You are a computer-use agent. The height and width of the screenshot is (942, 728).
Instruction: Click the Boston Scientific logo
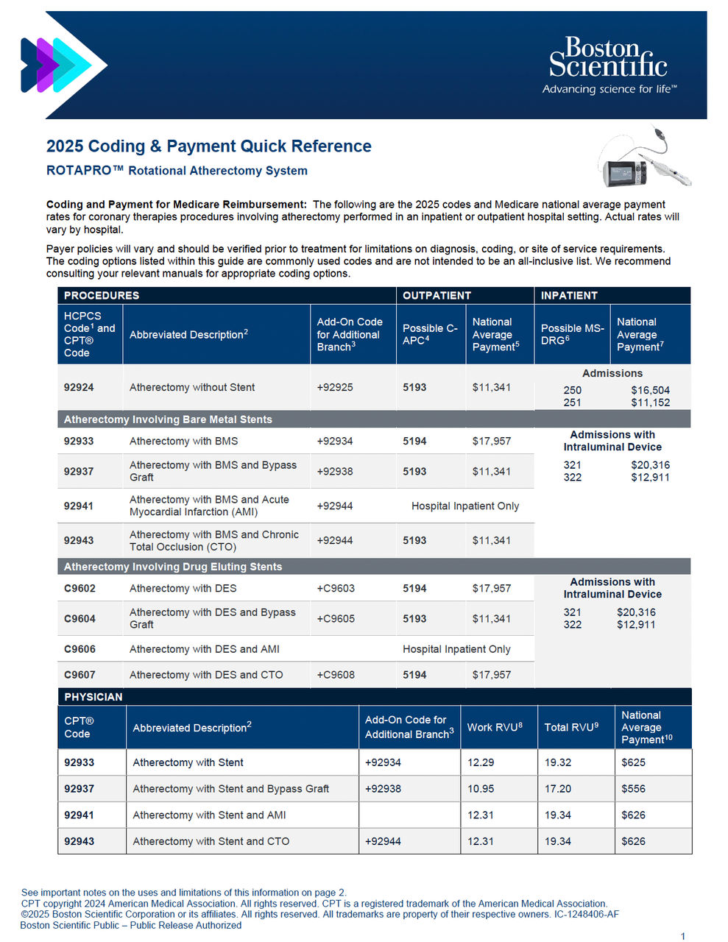[x=609, y=65]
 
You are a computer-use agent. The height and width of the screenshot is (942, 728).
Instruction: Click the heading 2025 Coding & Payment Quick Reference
[x=209, y=146]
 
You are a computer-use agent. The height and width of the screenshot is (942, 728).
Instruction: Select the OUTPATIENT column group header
[x=437, y=296]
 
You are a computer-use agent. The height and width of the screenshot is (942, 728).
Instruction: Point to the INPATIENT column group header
[x=569, y=296]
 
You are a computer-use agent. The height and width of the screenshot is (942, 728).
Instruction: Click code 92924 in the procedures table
[x=79, y=388]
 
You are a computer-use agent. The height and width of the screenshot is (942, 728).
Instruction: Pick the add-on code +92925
[x=335, y=388]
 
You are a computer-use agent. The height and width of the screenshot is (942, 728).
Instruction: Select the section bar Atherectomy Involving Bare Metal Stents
[x=168, y=419]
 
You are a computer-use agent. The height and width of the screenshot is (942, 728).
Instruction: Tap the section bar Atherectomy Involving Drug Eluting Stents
[x=173, y=567]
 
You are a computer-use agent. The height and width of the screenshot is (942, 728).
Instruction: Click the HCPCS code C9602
[x=79, y=589]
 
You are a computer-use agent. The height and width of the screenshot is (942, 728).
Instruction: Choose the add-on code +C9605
[x=336, y=619]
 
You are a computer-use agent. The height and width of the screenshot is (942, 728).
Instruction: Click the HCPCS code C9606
[x=79, y=649]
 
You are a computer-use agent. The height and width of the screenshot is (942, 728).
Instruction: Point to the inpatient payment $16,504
[x=650, y=390]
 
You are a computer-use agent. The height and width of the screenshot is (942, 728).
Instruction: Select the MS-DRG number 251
[x=572, y=403]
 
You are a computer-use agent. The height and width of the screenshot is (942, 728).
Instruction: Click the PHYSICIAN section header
[x=93, y=697]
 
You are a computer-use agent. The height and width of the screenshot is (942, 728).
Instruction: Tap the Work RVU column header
[x=495, y=727]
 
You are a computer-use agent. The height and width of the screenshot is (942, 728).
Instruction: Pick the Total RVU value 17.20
[x=558, y=789]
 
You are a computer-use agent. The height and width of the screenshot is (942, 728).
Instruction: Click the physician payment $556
[x=633, y=789]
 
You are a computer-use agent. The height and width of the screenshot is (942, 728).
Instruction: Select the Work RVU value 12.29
[x=481, y=762]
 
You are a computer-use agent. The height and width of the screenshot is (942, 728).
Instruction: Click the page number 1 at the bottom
[x=683, y=936]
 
